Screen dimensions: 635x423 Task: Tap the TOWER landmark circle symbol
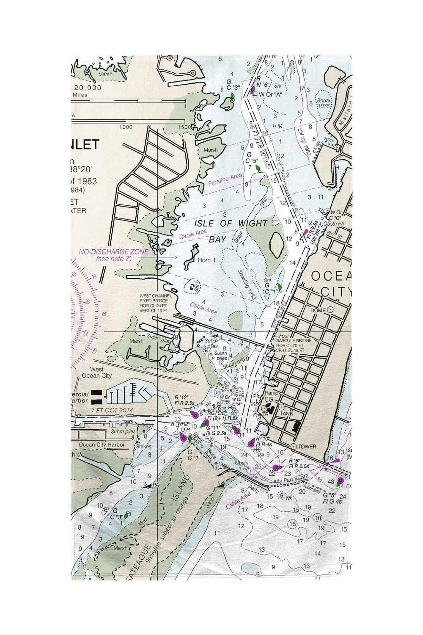tap(293, 447)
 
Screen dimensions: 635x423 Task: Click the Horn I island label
tap(206, 260)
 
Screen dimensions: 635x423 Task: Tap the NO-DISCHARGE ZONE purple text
tap(113, 252)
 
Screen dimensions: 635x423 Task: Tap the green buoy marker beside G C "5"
tap(257, 168)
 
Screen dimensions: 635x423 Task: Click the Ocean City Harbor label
tap(102, 444)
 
